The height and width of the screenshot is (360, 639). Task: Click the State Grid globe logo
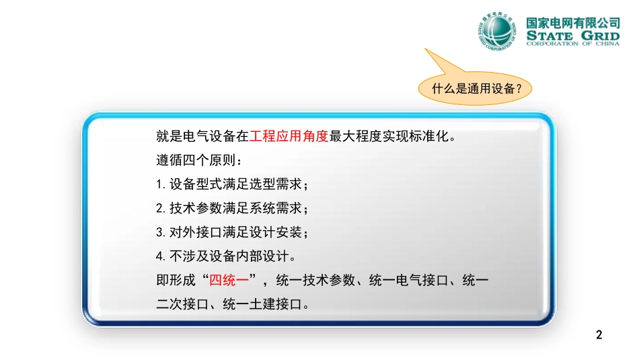[x=496, y=31]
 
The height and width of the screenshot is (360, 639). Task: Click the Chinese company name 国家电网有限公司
[x=572, y=23]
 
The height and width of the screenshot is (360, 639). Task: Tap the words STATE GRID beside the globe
[x=572, y=36]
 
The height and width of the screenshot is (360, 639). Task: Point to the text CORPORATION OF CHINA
[x=572, y=44]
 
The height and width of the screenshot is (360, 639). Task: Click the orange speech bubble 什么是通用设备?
[x=475, y=88]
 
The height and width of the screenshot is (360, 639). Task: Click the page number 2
[x=599, y=334]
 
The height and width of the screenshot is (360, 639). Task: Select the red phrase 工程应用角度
[x=289, y=136]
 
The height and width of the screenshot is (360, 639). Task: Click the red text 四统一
[x=229, y=280]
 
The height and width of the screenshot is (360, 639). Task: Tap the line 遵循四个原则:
[x=199, y=160]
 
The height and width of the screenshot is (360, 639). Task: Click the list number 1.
[x=159, y=184]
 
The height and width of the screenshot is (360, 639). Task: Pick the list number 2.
[x=160, y=209]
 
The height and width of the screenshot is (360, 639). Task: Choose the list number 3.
[x=160, y=232]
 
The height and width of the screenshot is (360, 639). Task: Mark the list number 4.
[x=160, y=256]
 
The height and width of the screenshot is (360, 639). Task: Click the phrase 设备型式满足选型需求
[x=235, y=184]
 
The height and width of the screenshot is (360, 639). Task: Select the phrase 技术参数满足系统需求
[x=235, y=209]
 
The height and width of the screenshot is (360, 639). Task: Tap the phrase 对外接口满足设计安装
[x=235, y=232]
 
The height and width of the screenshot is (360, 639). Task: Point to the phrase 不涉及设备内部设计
[x=229, y=256]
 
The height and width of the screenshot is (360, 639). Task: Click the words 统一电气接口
[x=408, y=280]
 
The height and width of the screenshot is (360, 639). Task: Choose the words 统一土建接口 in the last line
[x=262, y=304]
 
